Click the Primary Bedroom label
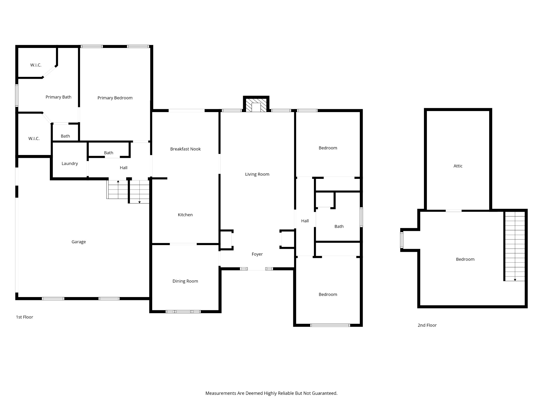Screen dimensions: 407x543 [x=115, y=98]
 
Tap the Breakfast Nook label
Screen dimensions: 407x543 [x=185, y=149]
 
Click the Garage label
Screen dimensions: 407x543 [x=78, y=242]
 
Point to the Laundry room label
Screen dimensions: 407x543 [x=69, y=163]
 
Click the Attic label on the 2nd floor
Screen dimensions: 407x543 [x=458, y=166]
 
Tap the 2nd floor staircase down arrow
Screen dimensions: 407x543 [x=515, y=280]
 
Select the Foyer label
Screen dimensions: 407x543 [x=257, y=254]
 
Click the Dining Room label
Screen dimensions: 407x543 [x=185, y=281]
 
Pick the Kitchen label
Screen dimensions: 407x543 [x=185, y=215]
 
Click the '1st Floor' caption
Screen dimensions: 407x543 [x=24, y=317]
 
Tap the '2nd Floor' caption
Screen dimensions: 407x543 [x=427, y=325]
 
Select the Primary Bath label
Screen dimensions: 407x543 [x=58, y=97]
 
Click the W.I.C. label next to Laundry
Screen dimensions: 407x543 [x=34, y=138]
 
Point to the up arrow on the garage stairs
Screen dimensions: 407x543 [x=118, y=182]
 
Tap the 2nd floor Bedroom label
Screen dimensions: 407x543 [x=465, y=259]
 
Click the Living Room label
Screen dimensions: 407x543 [x=257, y=174]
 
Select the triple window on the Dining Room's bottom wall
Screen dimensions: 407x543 [x=183, y=312]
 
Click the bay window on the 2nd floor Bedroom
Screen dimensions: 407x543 [x=402, y=240]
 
